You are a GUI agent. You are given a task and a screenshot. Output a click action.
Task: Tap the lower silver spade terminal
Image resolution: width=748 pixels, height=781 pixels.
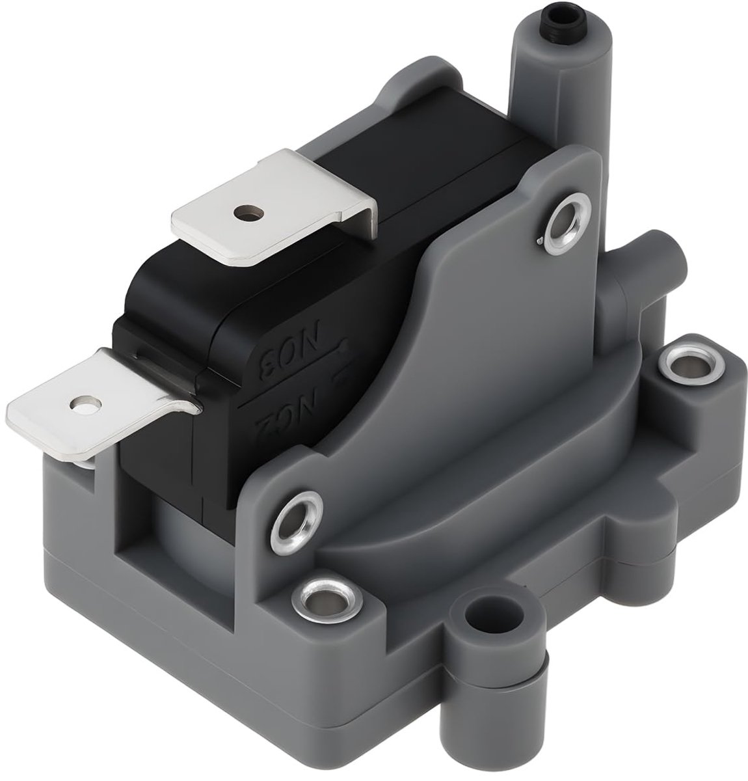click(x=98, y=404)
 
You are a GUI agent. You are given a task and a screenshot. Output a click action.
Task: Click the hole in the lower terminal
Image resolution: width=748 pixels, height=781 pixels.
click(x=81, y=405)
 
